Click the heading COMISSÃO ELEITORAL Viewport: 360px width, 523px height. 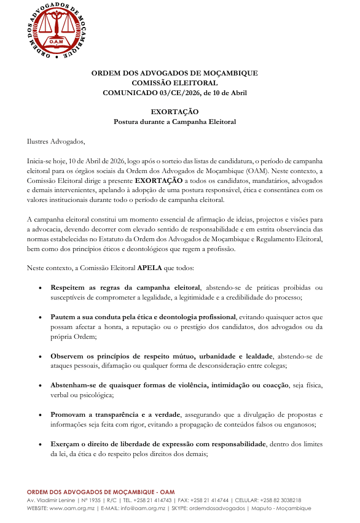[174, 82]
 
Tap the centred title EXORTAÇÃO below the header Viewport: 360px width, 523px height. [174, 112]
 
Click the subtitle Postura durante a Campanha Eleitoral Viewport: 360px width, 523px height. [174, 122]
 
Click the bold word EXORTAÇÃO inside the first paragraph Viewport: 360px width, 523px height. [158, 181]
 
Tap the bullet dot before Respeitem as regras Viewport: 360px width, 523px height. [40, 288]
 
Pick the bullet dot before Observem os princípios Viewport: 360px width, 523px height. [40, 357]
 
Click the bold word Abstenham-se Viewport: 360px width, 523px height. [75, 386]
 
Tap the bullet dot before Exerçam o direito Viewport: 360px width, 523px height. [40, 445]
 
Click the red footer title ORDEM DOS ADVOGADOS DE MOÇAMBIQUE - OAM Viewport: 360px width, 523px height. [101, 493]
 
